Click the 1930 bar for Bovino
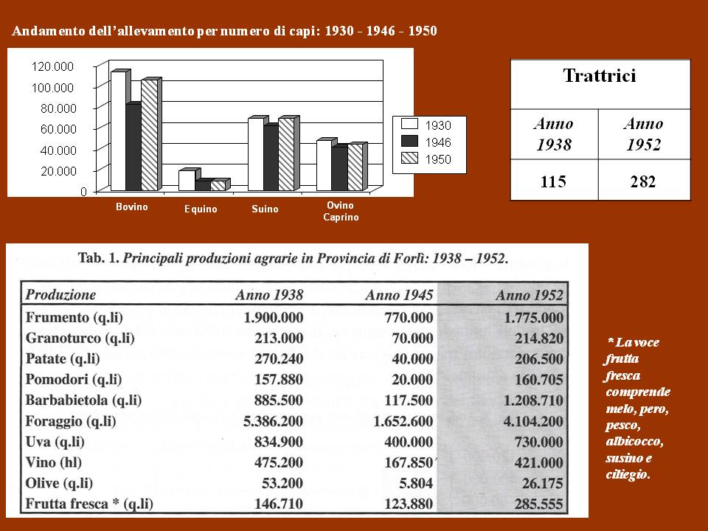119,131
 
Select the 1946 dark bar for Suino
271,158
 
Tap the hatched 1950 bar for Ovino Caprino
355,167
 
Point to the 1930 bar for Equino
187,181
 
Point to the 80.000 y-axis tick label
58,108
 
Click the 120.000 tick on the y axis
52,66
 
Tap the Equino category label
201,209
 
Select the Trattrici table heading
600,75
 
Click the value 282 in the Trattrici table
643,181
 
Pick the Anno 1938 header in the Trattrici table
554,133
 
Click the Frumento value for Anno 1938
273,317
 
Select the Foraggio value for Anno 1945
403,421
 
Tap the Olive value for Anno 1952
543,484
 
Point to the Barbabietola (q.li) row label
83,400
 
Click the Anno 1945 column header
399,295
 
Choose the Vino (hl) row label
54,462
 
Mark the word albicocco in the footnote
634,441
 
